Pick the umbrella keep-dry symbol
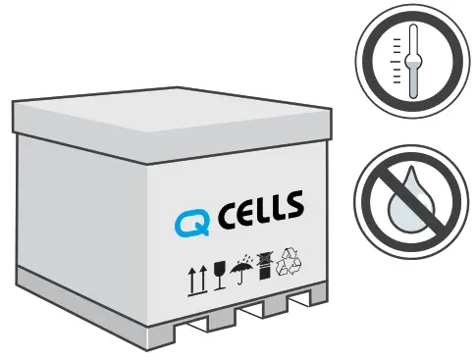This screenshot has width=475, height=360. (x=240, y=271)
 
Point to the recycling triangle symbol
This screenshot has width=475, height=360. (x=291, y=260)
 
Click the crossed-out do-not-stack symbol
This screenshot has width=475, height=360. (x=265, y=266)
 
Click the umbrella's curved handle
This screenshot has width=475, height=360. (x=241, y=283)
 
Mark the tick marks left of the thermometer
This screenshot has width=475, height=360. (x=396, y=59)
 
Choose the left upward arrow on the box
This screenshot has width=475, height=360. (x=190, y=281)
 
